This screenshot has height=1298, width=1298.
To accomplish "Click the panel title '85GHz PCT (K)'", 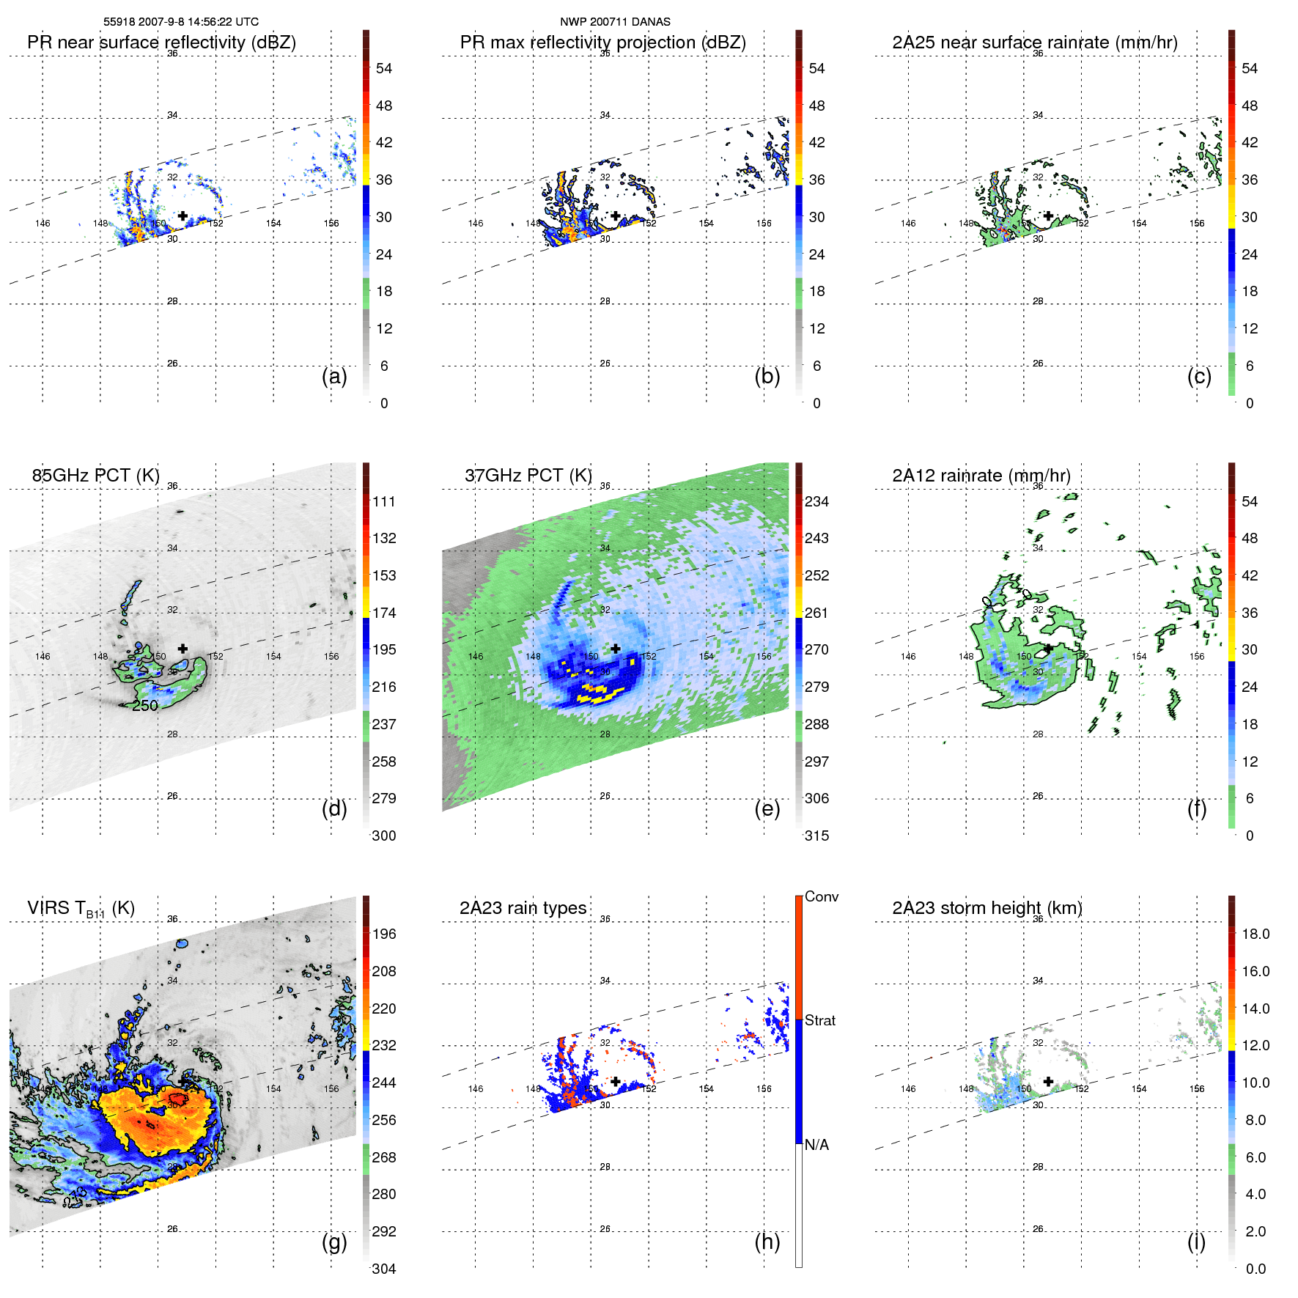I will (95, 476).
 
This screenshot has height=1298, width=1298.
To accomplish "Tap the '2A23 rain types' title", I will (523, 908).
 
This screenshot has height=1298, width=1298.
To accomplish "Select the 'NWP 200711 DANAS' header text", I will (615, 22).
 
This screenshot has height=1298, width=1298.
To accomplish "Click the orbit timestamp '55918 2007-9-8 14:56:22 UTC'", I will (181, 22).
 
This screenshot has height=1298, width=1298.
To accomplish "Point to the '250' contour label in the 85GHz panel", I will (145, 706).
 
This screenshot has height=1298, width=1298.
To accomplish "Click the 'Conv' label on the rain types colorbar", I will (821, 897).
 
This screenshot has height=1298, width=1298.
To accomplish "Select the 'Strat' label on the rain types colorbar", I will (819, 1021).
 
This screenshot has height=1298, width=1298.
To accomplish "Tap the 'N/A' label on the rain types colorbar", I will (816, 1145).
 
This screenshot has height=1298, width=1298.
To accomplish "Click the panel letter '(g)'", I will (334, 1242).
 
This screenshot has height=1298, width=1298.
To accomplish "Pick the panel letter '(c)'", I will (1199, 376).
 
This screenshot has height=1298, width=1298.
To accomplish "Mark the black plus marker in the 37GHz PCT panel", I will (616, 649).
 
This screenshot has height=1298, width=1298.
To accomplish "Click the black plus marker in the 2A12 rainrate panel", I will (1048, 649).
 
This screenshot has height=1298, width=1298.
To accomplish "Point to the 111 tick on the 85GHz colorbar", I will (384, 502).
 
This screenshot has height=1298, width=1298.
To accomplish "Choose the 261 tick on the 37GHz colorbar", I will (816, 613).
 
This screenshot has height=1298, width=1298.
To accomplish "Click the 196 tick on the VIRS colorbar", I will (384, 934).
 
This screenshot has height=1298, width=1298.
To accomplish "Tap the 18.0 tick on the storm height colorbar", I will (1255, 934).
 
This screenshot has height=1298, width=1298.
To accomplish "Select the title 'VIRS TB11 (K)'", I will (81, 909).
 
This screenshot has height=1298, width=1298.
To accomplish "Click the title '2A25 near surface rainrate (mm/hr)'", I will (1034, 43).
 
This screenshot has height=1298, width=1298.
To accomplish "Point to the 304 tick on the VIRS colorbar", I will (384, 1269).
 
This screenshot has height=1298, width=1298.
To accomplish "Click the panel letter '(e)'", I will (767, 809).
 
